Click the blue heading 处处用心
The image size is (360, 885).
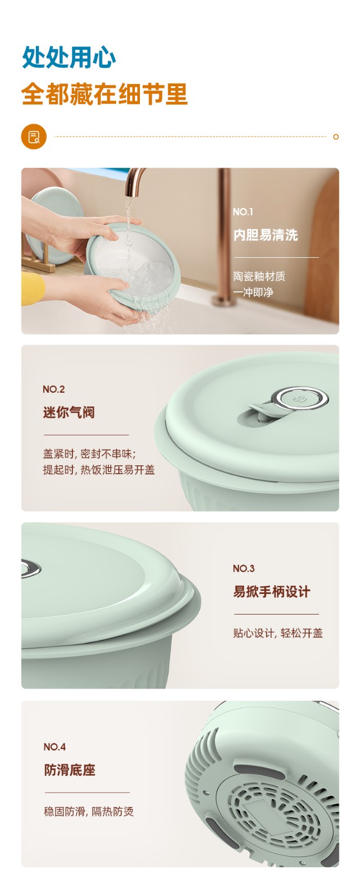69,58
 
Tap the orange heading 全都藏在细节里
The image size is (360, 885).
105,94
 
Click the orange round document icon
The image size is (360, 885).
34,137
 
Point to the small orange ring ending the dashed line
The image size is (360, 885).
336,137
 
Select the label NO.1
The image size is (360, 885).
243,212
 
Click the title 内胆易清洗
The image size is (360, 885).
265,235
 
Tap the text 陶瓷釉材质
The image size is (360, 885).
259,276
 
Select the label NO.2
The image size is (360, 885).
54,389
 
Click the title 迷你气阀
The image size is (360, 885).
69,413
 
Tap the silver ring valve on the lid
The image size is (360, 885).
302,398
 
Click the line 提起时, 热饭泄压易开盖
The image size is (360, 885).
99,470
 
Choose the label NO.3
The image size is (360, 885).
244,569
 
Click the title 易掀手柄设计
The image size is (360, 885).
272,592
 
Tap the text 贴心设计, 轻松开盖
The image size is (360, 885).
278,633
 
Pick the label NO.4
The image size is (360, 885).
55,747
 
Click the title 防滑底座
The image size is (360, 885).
70,770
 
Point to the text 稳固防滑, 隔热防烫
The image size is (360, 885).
88,811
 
